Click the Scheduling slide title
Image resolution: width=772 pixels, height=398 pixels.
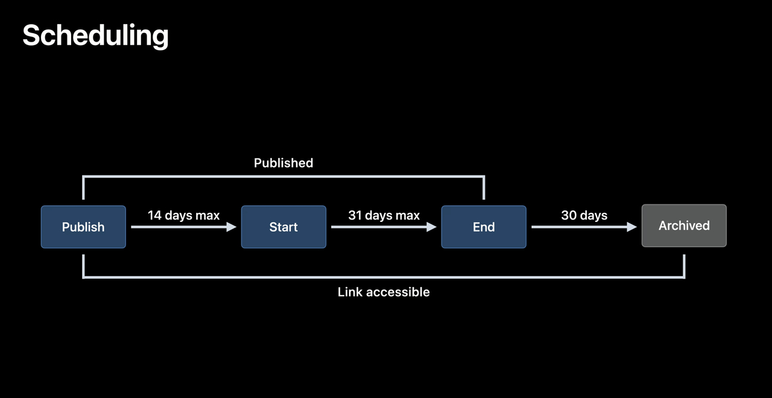coord(95,36)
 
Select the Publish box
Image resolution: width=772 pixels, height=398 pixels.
coord(83,227)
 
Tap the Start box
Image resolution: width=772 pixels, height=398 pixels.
coord(283,227)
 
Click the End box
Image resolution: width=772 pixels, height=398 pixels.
coord(484,227)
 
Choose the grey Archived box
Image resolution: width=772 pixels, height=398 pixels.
coord(684,226)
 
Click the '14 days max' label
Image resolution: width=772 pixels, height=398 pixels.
coord(183,215)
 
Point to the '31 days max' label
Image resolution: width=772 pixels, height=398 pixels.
coord(384,215)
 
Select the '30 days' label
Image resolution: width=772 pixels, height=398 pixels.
coord(584,215)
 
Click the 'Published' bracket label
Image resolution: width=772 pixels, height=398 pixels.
coord(283,163)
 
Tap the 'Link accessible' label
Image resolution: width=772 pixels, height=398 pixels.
coord(384,292)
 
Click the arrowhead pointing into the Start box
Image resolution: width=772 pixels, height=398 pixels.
coord(232,227)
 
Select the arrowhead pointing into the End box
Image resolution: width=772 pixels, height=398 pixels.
coord(432,227)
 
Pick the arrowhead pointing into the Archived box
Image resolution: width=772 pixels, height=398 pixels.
coord(632,227)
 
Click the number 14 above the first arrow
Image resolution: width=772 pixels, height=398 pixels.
coord(154,215)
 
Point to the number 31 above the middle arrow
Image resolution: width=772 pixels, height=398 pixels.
coord(355,215)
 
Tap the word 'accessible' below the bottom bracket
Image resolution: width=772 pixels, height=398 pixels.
coord(397,292)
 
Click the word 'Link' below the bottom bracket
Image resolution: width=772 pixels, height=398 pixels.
coord(350,292)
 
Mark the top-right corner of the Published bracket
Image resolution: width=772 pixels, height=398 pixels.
coord(484,177)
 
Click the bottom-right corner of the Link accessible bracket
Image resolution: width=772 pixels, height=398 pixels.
coord(684,277)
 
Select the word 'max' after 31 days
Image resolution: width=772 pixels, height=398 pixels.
coord(407,215)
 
